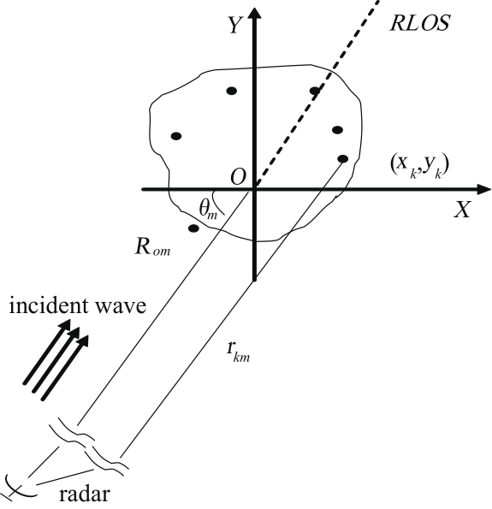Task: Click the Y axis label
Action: coord(234,25)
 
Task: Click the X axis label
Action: coord(462,210)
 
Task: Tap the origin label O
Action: coord(238,177)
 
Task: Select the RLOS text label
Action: coord(419,23)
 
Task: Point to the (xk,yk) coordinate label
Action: coord(419,166)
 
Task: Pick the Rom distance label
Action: coord(152,247)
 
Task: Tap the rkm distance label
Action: coord(239,352)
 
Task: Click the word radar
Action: coord(85,494)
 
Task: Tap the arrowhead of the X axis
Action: coord(483,189)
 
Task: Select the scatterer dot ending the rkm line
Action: coord(342,159)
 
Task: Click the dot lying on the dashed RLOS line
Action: coord(315,91)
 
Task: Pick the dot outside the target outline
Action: coord(193,228)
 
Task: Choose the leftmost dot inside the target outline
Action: coord(176,136)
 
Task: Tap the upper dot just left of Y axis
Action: coord(231,91)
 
